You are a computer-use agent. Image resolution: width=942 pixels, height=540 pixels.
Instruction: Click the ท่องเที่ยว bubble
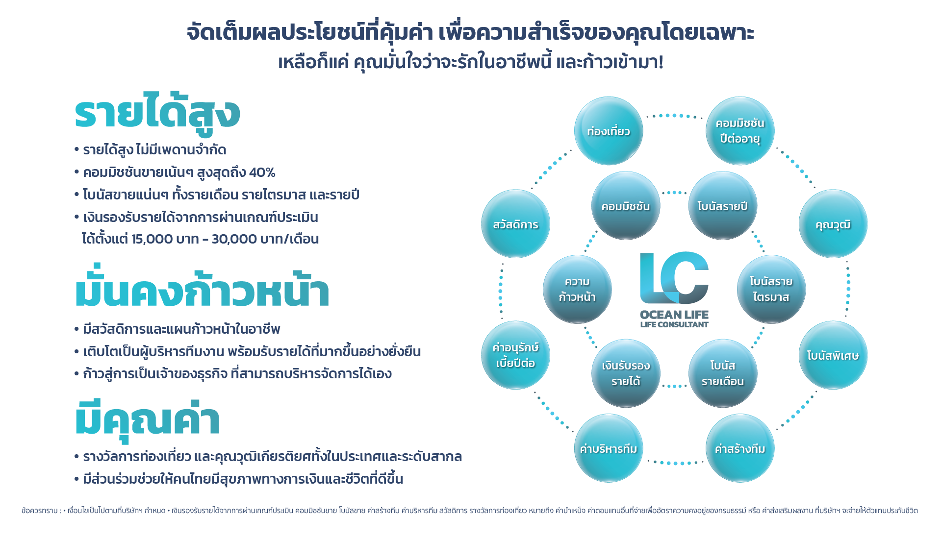[x=608, y=131]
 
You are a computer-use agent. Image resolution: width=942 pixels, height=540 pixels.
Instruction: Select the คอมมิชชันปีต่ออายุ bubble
[x=739, y=131]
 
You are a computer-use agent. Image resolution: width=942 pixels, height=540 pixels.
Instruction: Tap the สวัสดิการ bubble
[x=515, y=224]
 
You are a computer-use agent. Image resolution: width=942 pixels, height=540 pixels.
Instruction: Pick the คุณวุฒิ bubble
[x=833, y=224]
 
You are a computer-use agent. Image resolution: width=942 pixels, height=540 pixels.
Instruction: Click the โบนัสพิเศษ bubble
[x=833, y=355]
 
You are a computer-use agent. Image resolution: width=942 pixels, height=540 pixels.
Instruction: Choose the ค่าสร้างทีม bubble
[x=739, y=448]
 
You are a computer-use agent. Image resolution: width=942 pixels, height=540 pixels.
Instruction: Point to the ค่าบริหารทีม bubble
[x=608, y=448]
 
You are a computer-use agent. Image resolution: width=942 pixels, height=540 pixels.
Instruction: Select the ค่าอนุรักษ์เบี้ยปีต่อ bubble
[x=515, y=355]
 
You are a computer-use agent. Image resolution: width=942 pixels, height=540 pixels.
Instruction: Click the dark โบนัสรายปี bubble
[x=722, y=206]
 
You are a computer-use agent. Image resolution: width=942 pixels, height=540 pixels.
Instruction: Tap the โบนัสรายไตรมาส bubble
[x=771, y=289]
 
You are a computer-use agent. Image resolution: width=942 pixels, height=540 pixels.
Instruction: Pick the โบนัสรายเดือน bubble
[x=722, y=373]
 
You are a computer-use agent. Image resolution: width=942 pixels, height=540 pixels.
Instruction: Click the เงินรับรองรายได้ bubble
[x=626, y=373]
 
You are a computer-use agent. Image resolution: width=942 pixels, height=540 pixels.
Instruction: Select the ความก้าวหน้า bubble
[x=577, y=289]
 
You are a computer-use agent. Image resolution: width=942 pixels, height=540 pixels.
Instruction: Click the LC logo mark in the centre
[x=674, y=278]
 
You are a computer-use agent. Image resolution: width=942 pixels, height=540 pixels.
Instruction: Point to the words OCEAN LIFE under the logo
[x=674, y=315]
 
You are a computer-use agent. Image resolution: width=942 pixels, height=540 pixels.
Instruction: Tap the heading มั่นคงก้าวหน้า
[x=202, y=291]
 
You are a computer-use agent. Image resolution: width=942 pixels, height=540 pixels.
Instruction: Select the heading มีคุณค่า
[x=147, y=419]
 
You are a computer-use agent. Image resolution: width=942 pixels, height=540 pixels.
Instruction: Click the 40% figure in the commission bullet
[x=262, y=172]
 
